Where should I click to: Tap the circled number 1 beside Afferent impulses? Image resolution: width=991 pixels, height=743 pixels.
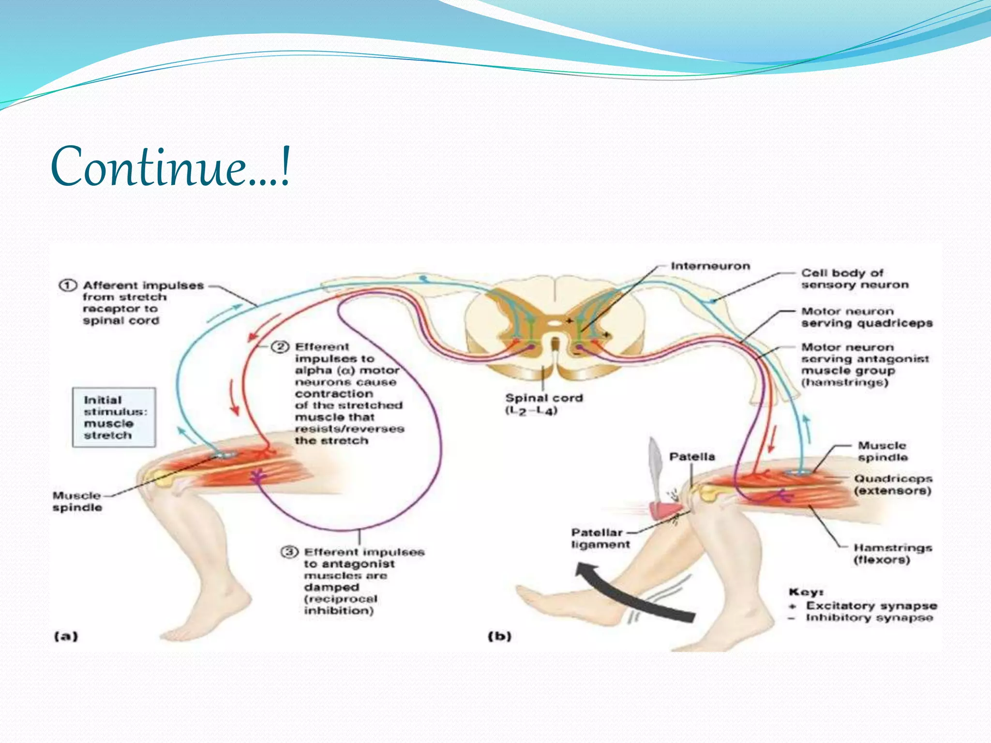click(68, 285)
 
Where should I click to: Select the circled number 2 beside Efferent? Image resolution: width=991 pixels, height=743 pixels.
click(280, 347)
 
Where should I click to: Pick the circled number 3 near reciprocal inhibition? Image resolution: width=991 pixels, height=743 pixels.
click(289, 552)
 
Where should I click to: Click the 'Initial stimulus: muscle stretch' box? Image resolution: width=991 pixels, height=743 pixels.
click(114, 417)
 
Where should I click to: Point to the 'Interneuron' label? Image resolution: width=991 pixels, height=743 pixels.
click(710, 266)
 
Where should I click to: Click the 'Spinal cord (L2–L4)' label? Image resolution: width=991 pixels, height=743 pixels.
click(543, 404)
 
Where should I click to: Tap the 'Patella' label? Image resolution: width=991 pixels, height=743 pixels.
click(691, 457)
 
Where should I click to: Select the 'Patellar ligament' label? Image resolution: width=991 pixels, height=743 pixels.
click(601, 538)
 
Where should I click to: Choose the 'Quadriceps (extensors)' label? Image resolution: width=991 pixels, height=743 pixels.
click(892, 485)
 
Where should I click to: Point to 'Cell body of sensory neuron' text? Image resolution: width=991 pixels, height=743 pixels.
click(854, 279)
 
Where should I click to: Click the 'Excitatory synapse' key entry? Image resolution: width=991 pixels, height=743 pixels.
click(871, 606)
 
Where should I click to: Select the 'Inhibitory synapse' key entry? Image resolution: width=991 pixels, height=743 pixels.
click(869, 618)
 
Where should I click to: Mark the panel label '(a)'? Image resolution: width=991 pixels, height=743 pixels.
click(66, 636)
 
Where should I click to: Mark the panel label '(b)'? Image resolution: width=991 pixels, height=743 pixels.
click(499, 636)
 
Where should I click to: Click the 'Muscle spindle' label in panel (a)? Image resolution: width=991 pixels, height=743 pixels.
click(77, 502)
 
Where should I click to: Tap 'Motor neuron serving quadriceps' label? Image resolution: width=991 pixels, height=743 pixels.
click(866, 317)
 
